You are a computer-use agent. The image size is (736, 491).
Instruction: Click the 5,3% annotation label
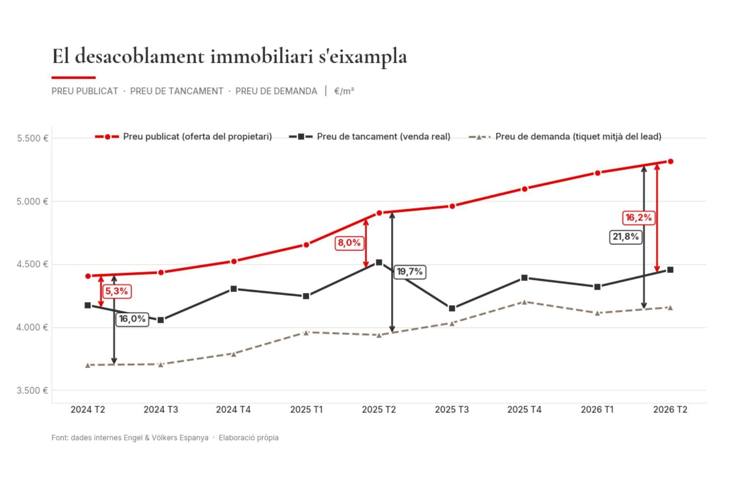[x=117, y=291]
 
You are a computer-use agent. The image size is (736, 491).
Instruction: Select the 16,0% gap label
[x=132, y=319]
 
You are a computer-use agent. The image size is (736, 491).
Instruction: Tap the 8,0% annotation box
[x=349, y=243]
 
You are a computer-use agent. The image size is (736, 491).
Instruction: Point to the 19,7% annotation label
[x=409, y=272]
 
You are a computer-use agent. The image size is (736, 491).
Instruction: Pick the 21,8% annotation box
[x=626, y=237]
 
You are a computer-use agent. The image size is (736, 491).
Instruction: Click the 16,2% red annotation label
[x=638, y=217]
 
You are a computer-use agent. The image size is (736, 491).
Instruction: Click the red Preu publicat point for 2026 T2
[x=670, y=161]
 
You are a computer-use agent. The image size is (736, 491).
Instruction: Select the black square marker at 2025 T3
[x=452, y=308]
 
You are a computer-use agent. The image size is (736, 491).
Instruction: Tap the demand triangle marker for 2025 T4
[x=524, y=302]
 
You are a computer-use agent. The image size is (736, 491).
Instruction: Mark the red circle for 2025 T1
[x=306, y=245]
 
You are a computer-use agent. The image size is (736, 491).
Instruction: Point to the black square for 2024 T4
[x=234, y=289]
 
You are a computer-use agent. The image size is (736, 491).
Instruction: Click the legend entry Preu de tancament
[x=370, y=136]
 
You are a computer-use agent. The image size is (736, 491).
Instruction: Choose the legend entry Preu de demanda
[x=565, y=136]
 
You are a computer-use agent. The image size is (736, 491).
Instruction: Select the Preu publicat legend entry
[x=183, y=136]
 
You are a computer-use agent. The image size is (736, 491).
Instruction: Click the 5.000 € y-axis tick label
[x=32, y=201]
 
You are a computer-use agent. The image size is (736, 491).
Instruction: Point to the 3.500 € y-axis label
[x=32, y=390]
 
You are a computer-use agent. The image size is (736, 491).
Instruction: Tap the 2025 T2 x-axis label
[x=379, y=410]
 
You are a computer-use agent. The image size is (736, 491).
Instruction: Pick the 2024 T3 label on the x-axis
[x=161, y=410]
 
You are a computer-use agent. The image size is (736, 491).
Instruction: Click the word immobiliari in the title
[x=262, y=56]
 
